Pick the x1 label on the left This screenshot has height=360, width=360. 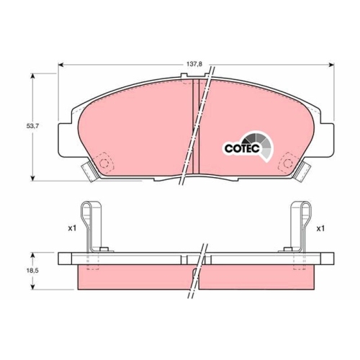[x=71, y=228]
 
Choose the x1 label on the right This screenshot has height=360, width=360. [x=321, y=228]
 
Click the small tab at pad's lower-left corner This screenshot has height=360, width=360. [x=90, y=170]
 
